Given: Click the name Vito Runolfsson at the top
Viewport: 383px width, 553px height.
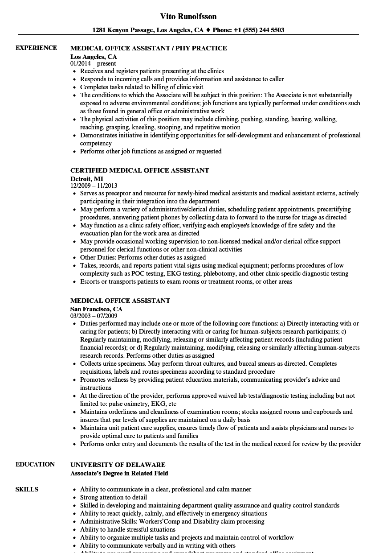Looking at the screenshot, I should [188, 17].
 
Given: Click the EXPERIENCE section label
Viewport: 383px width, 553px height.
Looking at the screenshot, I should [36, 48].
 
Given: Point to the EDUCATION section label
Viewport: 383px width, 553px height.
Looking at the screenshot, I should [35, 464].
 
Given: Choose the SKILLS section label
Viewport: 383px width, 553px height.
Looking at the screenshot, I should [27, 489].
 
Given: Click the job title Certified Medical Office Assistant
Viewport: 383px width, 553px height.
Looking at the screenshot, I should [139, 170].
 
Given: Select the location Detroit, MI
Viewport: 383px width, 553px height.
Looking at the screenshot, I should [86, 178].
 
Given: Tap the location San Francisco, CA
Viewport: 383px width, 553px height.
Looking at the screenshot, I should [96, 309].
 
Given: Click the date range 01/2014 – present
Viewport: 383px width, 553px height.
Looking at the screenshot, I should [93, 63].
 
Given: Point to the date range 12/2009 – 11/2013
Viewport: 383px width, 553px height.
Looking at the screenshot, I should [94, 186].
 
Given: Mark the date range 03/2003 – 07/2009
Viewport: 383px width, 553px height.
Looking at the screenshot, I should [94, 316].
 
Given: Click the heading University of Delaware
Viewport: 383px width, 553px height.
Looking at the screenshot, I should [118, 465].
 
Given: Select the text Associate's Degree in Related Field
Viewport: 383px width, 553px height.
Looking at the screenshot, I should [119, 473].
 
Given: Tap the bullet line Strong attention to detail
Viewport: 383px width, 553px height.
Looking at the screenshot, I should [113, 497].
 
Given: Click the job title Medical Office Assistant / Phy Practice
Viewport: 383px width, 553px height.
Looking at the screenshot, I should [148, 48].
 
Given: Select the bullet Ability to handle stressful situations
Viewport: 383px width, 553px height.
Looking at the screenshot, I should [127, 529].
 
